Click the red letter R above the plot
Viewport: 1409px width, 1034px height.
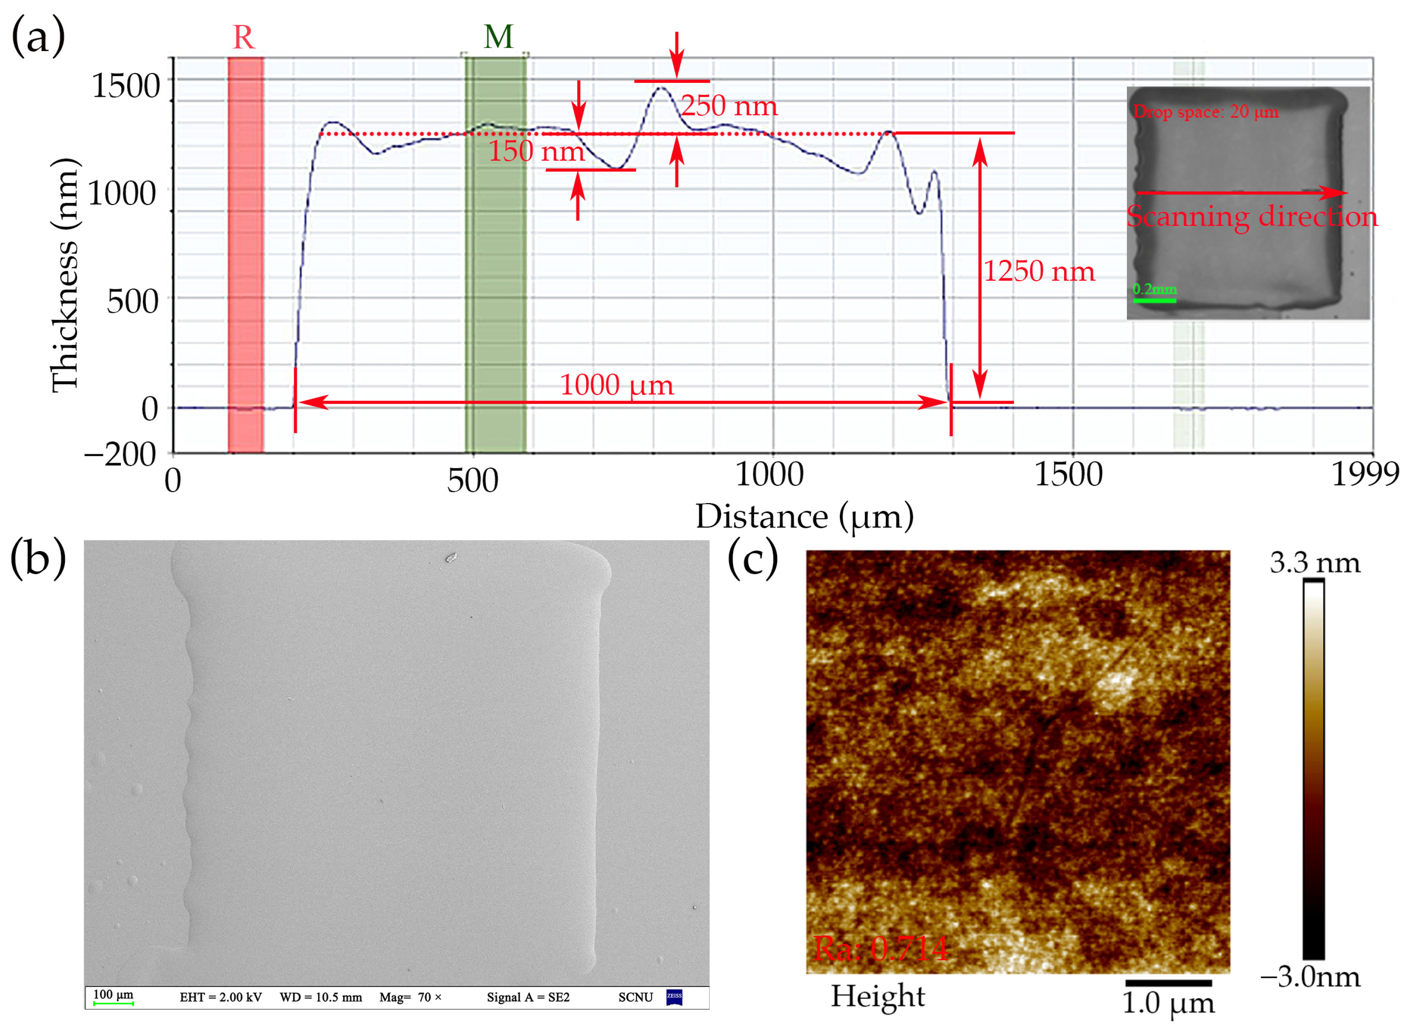(x=244, y=38)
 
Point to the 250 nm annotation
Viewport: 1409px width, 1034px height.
(x=729, y=105)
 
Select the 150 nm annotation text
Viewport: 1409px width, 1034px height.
(x=536, y=151)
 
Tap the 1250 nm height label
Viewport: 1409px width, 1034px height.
(x=1038, y=271)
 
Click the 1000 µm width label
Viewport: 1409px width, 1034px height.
(x=616, y=385)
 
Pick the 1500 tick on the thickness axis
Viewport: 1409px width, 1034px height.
(x=126, y=86)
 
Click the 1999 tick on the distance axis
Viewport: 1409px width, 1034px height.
(x=1364, y=474)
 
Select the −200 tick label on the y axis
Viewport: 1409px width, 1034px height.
(x=120, y=454)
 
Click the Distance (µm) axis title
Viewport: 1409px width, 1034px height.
(x=804, y=517)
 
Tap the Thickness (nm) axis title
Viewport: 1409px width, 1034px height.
(x=65, y=275)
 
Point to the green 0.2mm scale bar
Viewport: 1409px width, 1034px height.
(x=1154, y=300)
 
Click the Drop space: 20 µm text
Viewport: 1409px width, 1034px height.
(x=1206, y=112)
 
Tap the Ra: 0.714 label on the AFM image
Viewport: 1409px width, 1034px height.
(x=881, y=948)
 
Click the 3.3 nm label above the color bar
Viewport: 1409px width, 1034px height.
(x=1314, y=563)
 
